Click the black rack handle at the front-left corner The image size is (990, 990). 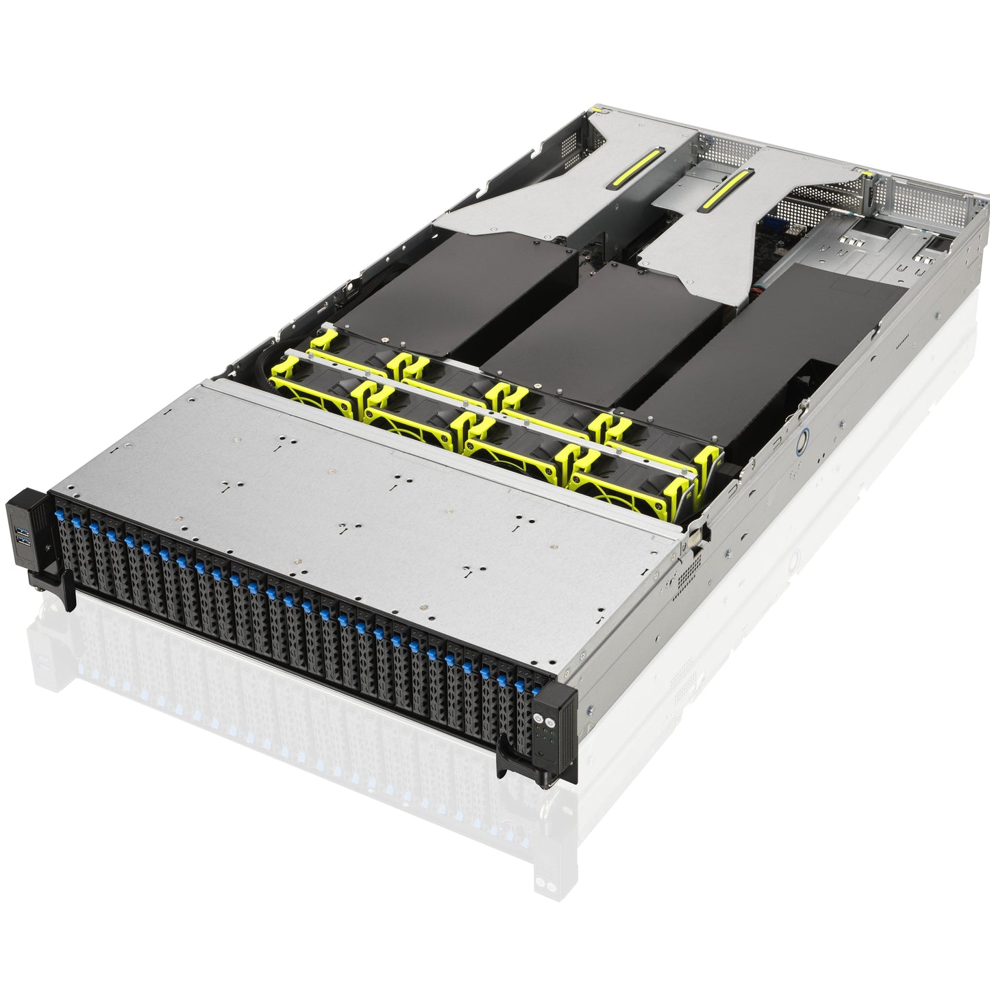[x=66, y=589]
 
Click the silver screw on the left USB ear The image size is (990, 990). [x=48, y=547]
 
